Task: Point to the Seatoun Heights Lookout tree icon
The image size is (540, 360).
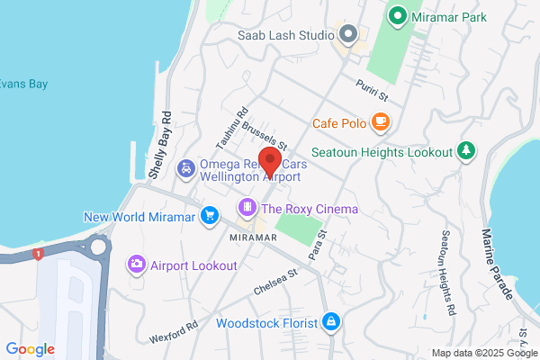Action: (465, 150)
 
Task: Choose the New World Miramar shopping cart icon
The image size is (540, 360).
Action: (210, 216)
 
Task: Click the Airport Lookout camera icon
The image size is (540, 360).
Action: (137, 265)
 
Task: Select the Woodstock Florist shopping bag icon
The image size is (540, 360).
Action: (332, 321)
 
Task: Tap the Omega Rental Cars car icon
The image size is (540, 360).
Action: (184, 168)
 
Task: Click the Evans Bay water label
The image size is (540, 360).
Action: (23, 84)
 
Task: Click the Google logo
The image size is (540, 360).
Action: (30, 349)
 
